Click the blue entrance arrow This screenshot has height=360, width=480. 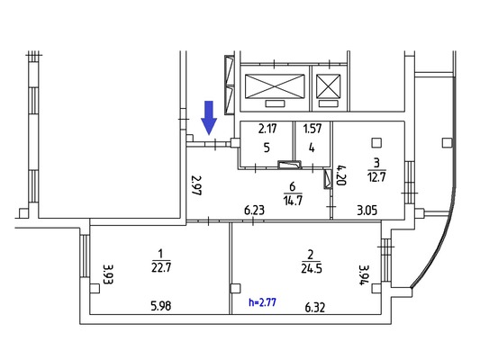pos(209,118)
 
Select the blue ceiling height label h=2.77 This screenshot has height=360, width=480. pos(262,302)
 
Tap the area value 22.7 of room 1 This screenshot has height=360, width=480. pos(161,268)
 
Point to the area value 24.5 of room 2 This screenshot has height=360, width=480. pos(312,268)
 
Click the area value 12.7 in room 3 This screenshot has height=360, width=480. pos(376,176)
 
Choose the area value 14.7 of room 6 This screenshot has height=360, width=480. pos(293,201)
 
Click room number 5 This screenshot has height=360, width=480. pos(267,148)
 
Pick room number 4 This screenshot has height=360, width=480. pos(312,148)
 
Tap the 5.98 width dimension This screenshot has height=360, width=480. pos(161,306)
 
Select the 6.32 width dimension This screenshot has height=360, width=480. pos(315,308)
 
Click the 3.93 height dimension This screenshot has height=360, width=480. pos(108,274)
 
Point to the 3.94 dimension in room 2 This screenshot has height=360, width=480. pos(365,275)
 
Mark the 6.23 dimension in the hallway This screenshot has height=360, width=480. pos(254,211)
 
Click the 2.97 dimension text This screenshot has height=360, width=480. pos(196,185)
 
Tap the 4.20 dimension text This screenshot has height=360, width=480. pos(341,175)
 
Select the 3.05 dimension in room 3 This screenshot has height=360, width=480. pos(367,211)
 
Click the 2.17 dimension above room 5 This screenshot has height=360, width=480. pos(267,129)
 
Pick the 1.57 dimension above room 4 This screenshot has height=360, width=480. pos(312,129)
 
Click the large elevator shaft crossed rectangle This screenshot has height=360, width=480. pos(275,86)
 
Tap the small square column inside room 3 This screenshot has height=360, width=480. pos(376,142)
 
